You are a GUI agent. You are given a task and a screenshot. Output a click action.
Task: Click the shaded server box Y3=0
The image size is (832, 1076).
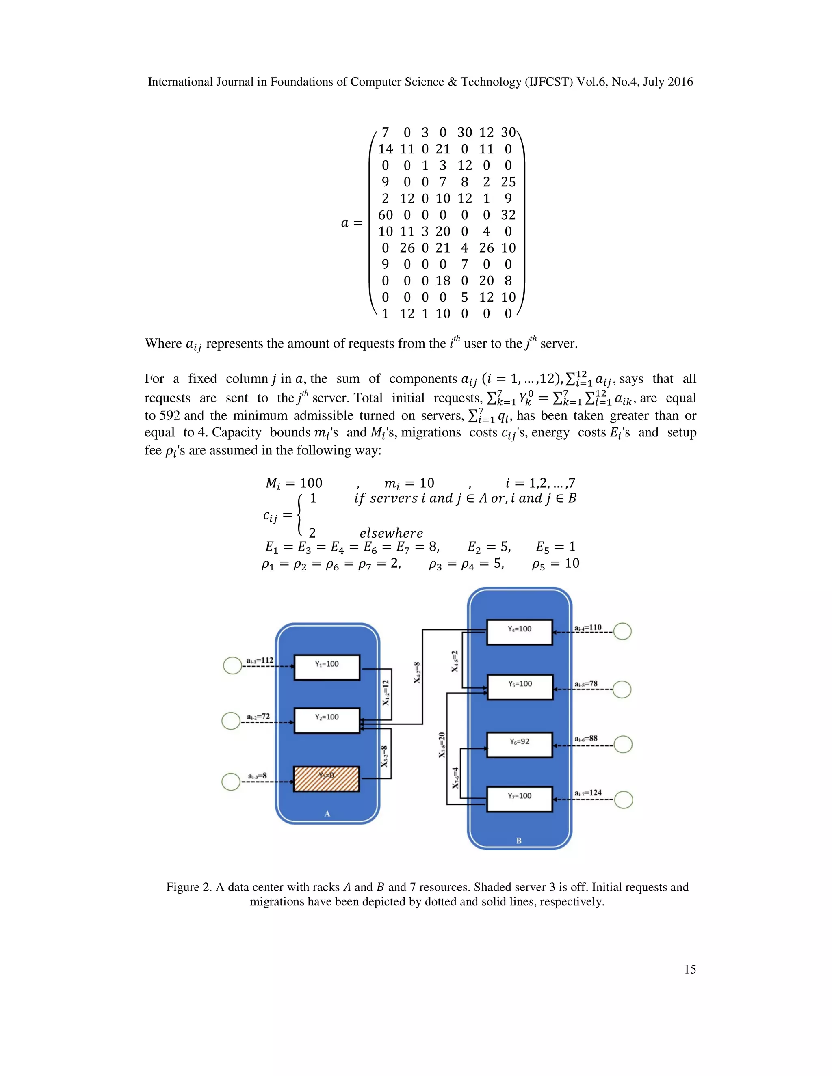pos(326,779)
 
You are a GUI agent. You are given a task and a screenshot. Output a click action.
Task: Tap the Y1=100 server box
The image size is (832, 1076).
pos(326,667)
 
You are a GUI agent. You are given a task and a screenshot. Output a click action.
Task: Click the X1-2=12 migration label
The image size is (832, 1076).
pos(386,692)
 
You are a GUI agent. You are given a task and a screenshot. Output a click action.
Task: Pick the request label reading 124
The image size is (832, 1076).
pos(588,793)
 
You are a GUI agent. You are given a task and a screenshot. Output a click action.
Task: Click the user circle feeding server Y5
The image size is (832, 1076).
pos(622,689)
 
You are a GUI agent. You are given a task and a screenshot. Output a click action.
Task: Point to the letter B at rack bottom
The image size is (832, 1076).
pos(518,841)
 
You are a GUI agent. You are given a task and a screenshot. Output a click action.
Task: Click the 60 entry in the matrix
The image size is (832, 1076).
pos(386,215)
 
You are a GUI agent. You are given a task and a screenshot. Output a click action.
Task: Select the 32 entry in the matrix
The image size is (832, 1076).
pos(508,215)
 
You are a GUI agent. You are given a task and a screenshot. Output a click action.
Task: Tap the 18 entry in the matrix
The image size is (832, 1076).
pos(443,281)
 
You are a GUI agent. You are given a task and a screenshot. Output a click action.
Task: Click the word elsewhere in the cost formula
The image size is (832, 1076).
pos(391,533)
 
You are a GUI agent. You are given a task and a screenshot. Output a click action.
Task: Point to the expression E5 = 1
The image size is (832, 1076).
pos(555,547)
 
